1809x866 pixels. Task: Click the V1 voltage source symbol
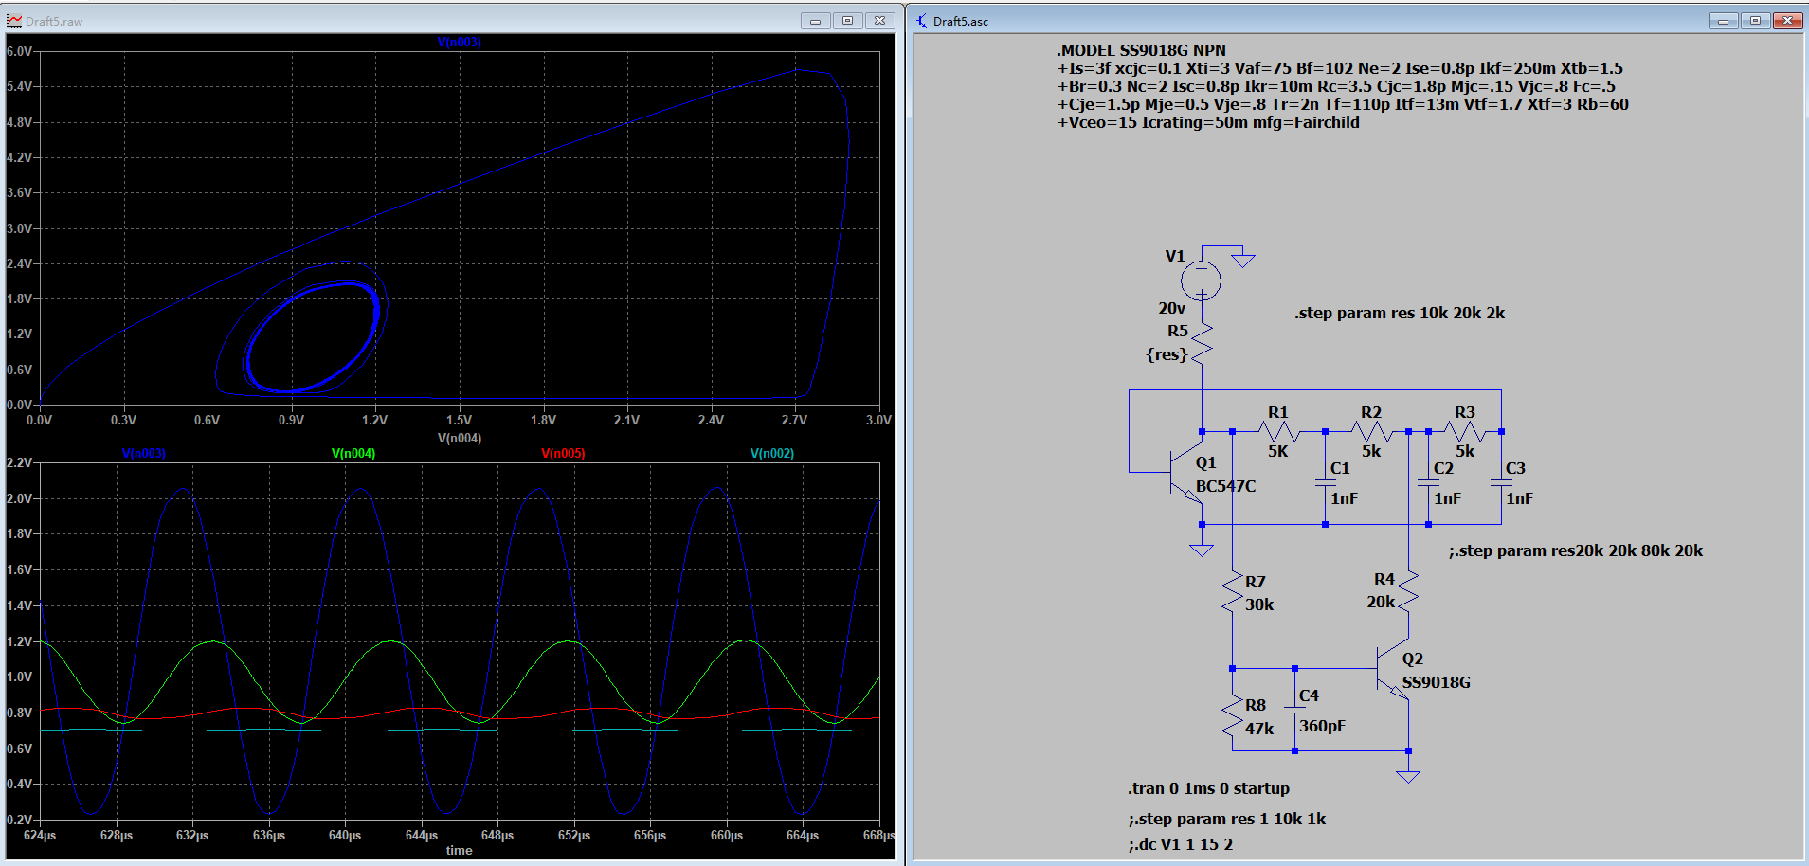coord(1201,280)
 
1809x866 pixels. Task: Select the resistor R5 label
coord(1177,331)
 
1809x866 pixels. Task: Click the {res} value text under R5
coord(1167,354)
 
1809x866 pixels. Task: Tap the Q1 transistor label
coord(1205,462)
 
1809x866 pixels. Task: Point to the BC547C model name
coord(1225,486)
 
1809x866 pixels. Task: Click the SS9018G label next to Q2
coord(1436,682)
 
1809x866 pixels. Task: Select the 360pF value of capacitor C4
coord(1322,726)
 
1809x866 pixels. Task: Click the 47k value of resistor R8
coord(1258,729)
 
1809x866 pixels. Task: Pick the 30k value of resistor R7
coord(1258,604)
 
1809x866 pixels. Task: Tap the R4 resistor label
coord(1384,579)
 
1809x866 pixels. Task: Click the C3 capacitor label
coord(1515,468)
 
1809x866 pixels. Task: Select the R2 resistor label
coord(1370,412)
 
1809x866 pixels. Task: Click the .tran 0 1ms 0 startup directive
coord(1208,788)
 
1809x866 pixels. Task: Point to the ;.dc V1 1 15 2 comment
coord(1180,844)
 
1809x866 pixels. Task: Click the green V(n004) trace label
coord(353,454)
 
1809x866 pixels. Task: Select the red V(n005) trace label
coord(563,454)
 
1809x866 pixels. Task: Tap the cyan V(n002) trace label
coord(772,454)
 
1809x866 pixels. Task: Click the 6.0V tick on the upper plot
coord(19,51)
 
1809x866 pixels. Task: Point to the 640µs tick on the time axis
coord(345,836)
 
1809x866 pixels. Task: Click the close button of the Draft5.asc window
coord(1787,21)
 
